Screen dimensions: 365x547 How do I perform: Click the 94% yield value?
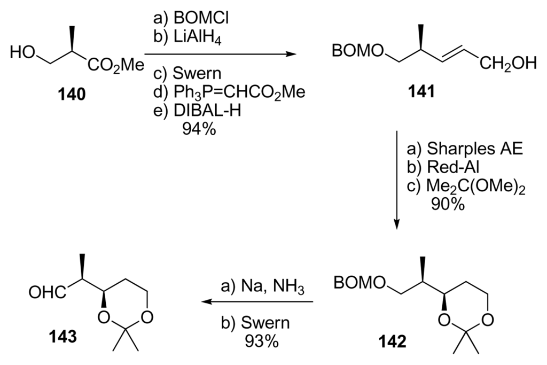click(199, 129)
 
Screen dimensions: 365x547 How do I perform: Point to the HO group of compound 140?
click(23, 52)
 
